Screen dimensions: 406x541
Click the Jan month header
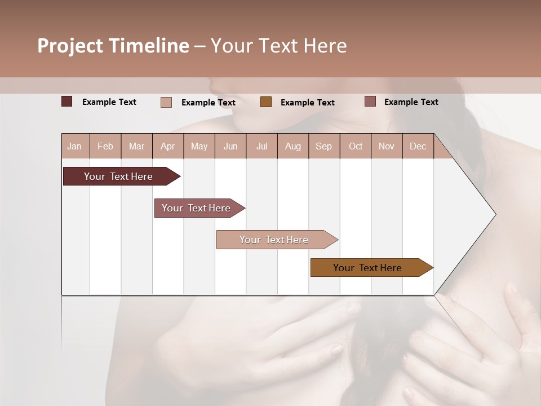tap(74, 147)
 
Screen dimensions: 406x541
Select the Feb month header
tap(105, 147)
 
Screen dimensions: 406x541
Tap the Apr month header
tap(167, 147)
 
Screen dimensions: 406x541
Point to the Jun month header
tap(230, 147)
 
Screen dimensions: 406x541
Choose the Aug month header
tap(292, 147)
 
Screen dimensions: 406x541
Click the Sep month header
tap(323, 147)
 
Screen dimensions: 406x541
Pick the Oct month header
tap(356, 147)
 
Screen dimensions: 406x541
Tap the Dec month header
tap(418, 147)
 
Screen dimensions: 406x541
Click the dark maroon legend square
tap(66, 101)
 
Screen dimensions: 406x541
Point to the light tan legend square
tap(166, 102)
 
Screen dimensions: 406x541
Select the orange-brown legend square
tap(266, 102)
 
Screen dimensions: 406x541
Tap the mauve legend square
tap(370, 101)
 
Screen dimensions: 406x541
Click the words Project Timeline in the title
tap(113, 46)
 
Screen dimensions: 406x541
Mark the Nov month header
tap(387, 147)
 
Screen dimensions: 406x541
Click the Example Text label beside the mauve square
tap(411, 102)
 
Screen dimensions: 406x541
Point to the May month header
tap(199, 147)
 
